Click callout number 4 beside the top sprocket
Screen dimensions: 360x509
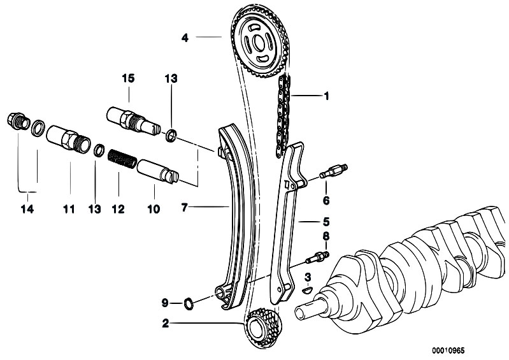[185, 38]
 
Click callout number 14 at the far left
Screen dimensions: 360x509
[25, 208]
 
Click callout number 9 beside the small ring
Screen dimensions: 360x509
[164, 302]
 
